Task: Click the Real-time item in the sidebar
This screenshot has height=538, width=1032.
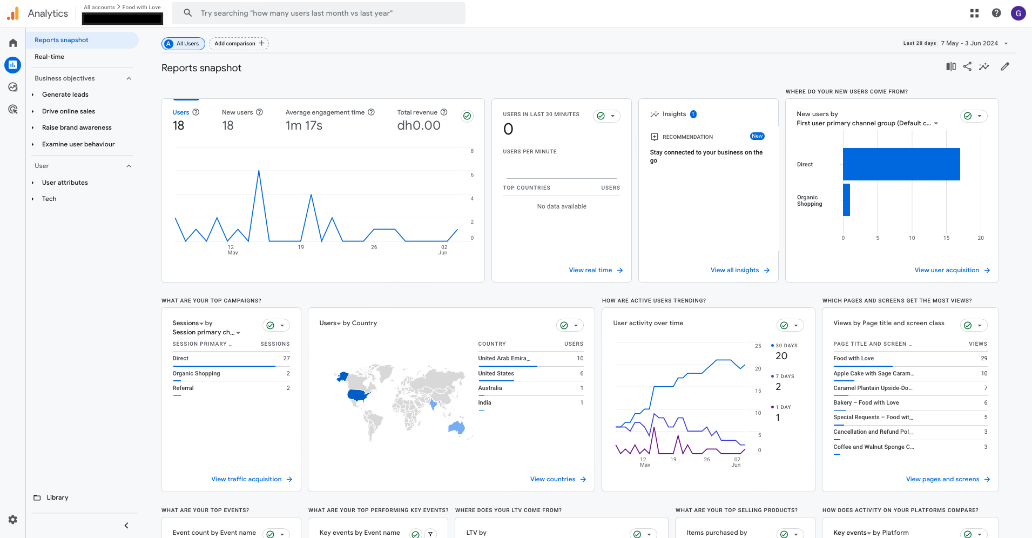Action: [49, 57]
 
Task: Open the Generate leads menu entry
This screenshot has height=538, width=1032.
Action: [65, 95]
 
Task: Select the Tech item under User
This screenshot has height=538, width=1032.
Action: [49, 199]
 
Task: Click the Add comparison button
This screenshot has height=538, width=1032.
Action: [239, 44]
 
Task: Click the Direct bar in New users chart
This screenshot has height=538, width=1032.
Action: [901, 164]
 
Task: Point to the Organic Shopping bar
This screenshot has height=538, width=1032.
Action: [846, 200]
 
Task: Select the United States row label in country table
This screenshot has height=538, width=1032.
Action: [496, 373]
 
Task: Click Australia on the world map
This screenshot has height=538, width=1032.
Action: [457, 427]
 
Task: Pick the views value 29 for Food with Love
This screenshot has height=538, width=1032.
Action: [984, 358]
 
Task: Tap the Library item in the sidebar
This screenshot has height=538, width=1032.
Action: [57, 497]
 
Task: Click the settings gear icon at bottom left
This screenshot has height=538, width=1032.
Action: [13, 520]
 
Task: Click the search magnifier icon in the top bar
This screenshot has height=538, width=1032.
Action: [188, 13]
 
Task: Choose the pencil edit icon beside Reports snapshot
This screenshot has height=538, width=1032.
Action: [1004, 66]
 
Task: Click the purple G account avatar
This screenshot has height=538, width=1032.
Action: [1018, 14]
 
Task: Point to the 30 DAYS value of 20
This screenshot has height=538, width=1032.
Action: [781, 356]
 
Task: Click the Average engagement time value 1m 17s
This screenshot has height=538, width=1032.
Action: [303, 126]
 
